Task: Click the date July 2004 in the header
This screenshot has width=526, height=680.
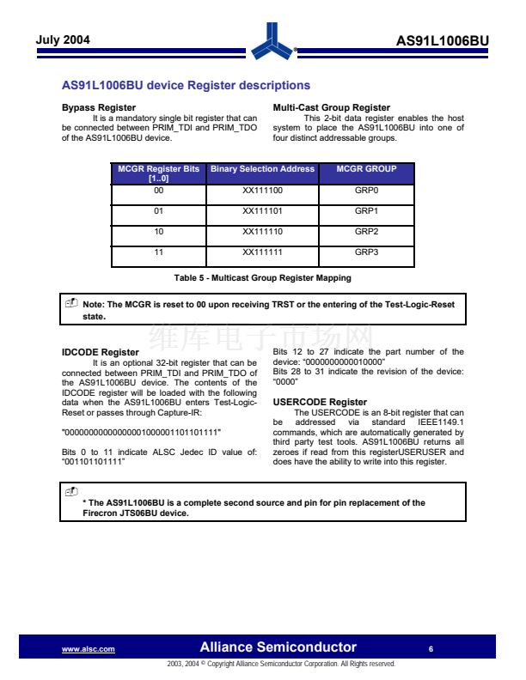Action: pyautogui.click(x=63, y=40)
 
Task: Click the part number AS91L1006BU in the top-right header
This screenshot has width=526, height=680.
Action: pyautogui.click(x=442, y=41)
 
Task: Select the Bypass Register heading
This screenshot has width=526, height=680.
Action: pyautogui.click(x=92, y=107)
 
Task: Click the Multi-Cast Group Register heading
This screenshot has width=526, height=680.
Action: pyautogui.click(x=331, y=107)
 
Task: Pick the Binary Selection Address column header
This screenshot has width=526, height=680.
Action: pyautogui.click(x=262, y=169)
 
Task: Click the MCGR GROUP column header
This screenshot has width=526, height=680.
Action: pyautogui.click(x=366, y=169)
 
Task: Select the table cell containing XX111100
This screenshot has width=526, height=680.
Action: pyautogui.click(x=262, y=190)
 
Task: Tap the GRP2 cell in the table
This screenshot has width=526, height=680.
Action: pyautogui.click(x=366, y=232)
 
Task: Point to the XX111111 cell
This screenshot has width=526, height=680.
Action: pyautogui.click(x=262, y=252)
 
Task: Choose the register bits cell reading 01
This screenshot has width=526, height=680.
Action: pyautogui.click(x=158, y=210)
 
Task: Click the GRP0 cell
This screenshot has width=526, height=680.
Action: pyautogui.click(x=366, y=190)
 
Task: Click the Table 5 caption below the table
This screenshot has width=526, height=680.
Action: pyautogui.click(x=262, y=278)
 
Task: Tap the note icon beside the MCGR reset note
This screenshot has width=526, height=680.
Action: pyautogui.click(x=71, y=304)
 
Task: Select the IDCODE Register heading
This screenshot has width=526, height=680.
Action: pyautogui.click(x=100, y=352)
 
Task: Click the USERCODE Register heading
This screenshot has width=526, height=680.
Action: pyautogui.click(x=319, y=402)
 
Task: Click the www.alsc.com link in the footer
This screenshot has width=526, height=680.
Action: pyautogui.click(x=89, y=649)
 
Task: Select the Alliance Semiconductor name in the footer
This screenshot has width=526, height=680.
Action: pyautogui.click(x=278, y=647)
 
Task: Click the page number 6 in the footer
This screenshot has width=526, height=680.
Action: pyautogui.click(x=431, y=648)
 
